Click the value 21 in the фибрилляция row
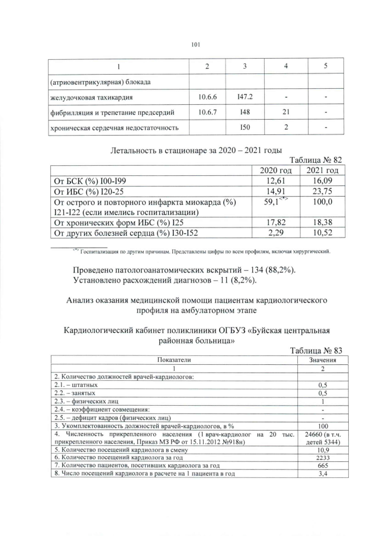point(286,112)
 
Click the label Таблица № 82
point(315,160)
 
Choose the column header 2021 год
point(322,171)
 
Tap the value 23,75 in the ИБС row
point(322,191)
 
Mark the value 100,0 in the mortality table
point(322,203)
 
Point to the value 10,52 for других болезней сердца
point(322,233)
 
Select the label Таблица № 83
point(315,350)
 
